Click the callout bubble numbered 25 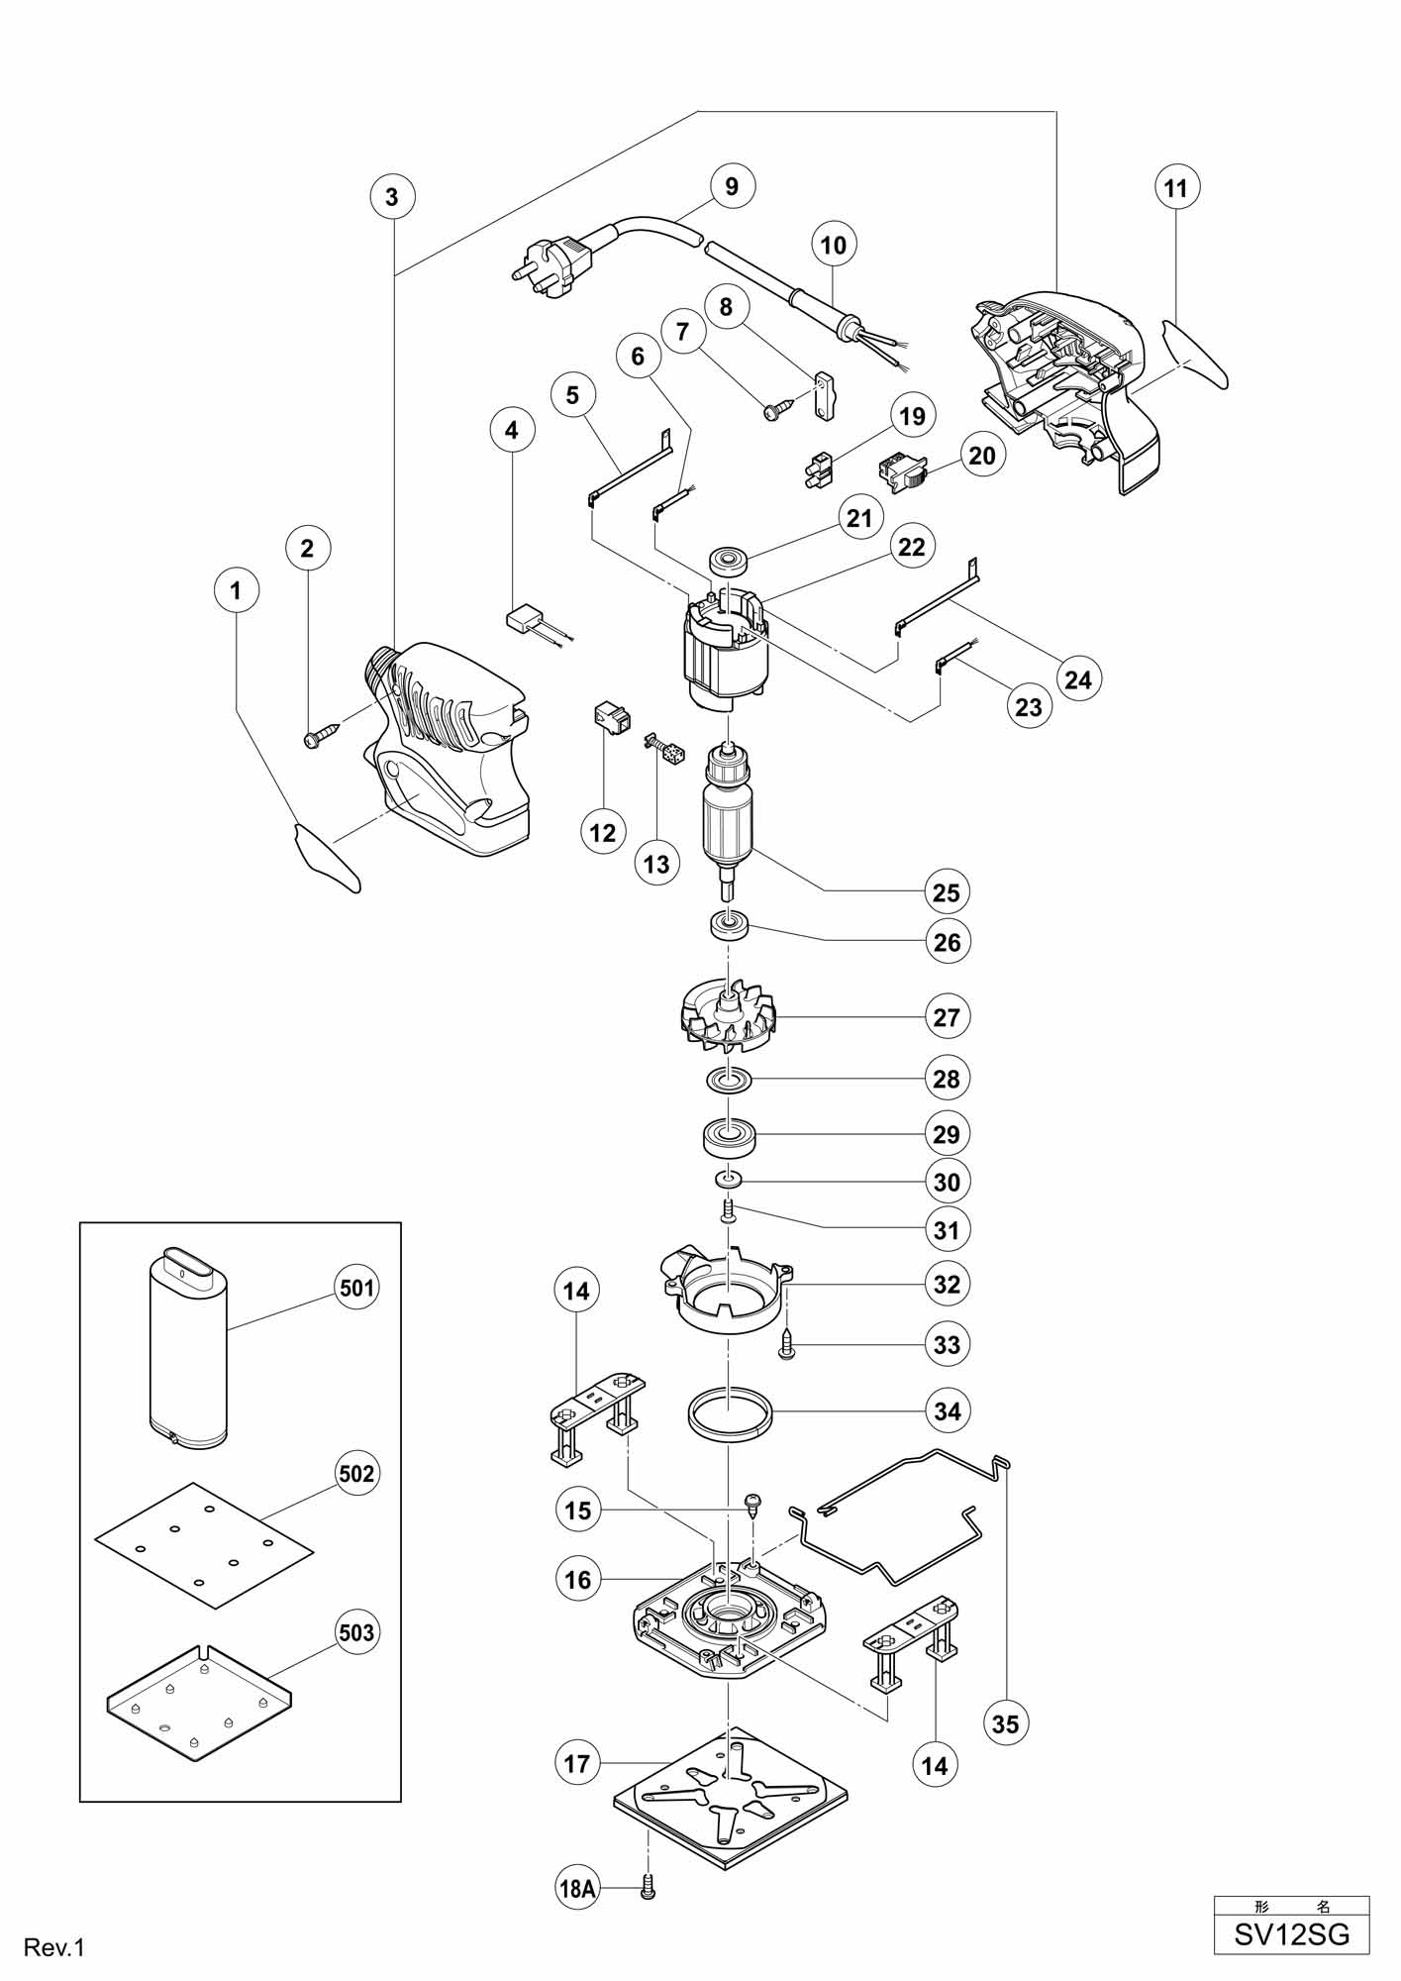947,891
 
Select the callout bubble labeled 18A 577,1889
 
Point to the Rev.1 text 55,1948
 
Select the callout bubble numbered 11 1176,187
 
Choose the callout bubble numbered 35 1005,1723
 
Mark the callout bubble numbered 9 732,186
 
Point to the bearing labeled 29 730,1136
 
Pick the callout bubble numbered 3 392,196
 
